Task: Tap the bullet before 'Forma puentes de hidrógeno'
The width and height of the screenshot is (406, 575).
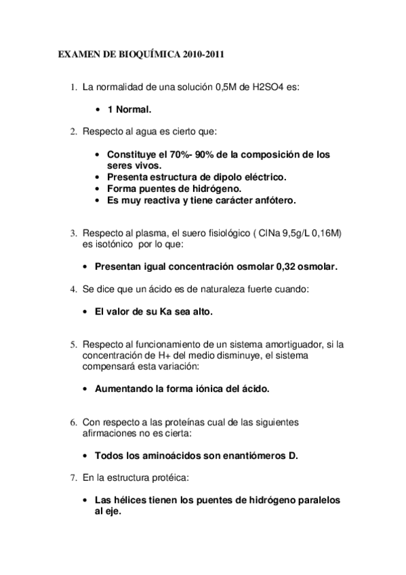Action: (99, 189)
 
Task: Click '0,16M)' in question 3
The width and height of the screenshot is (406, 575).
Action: (326, 233)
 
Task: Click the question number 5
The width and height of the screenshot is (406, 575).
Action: (74, 344)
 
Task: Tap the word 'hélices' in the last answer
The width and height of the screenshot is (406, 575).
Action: (129, 500)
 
